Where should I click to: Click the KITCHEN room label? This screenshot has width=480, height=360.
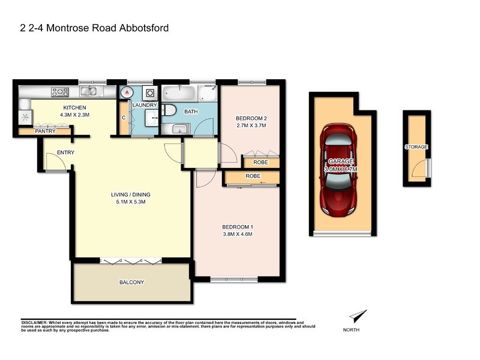[76, 108]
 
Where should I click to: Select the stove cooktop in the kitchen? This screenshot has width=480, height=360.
[61, 92]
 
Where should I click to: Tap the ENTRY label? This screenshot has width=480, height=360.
[65, 152]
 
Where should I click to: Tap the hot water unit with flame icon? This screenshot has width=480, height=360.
[127, 92]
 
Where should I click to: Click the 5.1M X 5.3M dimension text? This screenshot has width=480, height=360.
[130, 202]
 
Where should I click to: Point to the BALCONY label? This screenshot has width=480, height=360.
[132, 282]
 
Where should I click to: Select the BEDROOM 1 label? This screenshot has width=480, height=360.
[238, 226]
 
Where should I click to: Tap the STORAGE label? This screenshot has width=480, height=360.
[416, 146]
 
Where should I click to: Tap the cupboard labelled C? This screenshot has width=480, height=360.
[124, 118]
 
